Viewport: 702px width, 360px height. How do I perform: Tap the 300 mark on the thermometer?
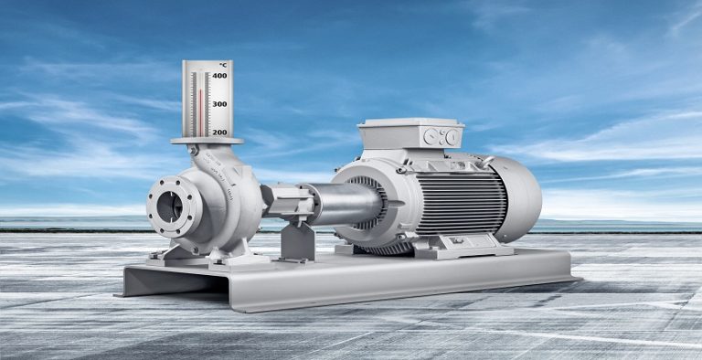(x=219, y=104)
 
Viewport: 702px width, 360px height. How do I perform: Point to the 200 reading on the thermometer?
(x=219, y=132)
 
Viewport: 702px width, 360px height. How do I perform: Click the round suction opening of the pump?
(x=170, y=207)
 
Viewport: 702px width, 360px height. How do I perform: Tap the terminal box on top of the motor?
(x=410, y=135)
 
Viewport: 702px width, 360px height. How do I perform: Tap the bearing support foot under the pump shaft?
(x=297, y=242)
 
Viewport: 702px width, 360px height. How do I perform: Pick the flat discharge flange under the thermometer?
(x=207, y=141)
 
